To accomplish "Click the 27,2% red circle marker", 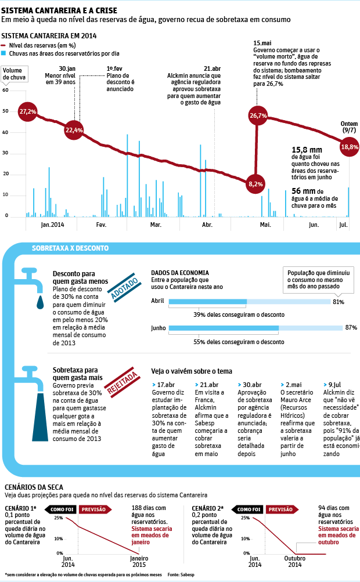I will click(27, 111).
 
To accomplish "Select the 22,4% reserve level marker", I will click(74, 130).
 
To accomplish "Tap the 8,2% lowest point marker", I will click(255, 184).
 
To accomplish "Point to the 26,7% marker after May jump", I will click(258, 115).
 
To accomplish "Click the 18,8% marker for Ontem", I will click(349, 147).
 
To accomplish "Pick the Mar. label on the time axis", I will click(156, 225).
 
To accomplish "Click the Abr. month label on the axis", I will click(207, 225).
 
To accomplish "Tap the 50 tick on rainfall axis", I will click(5, 111).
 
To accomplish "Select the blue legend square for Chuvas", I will click(4, 53).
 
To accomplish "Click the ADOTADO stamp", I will click(124, 288).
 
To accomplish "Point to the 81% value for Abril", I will click(339, 302).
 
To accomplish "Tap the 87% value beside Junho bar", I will click(351, 328).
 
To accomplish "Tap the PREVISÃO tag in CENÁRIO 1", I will click(93, 509).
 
